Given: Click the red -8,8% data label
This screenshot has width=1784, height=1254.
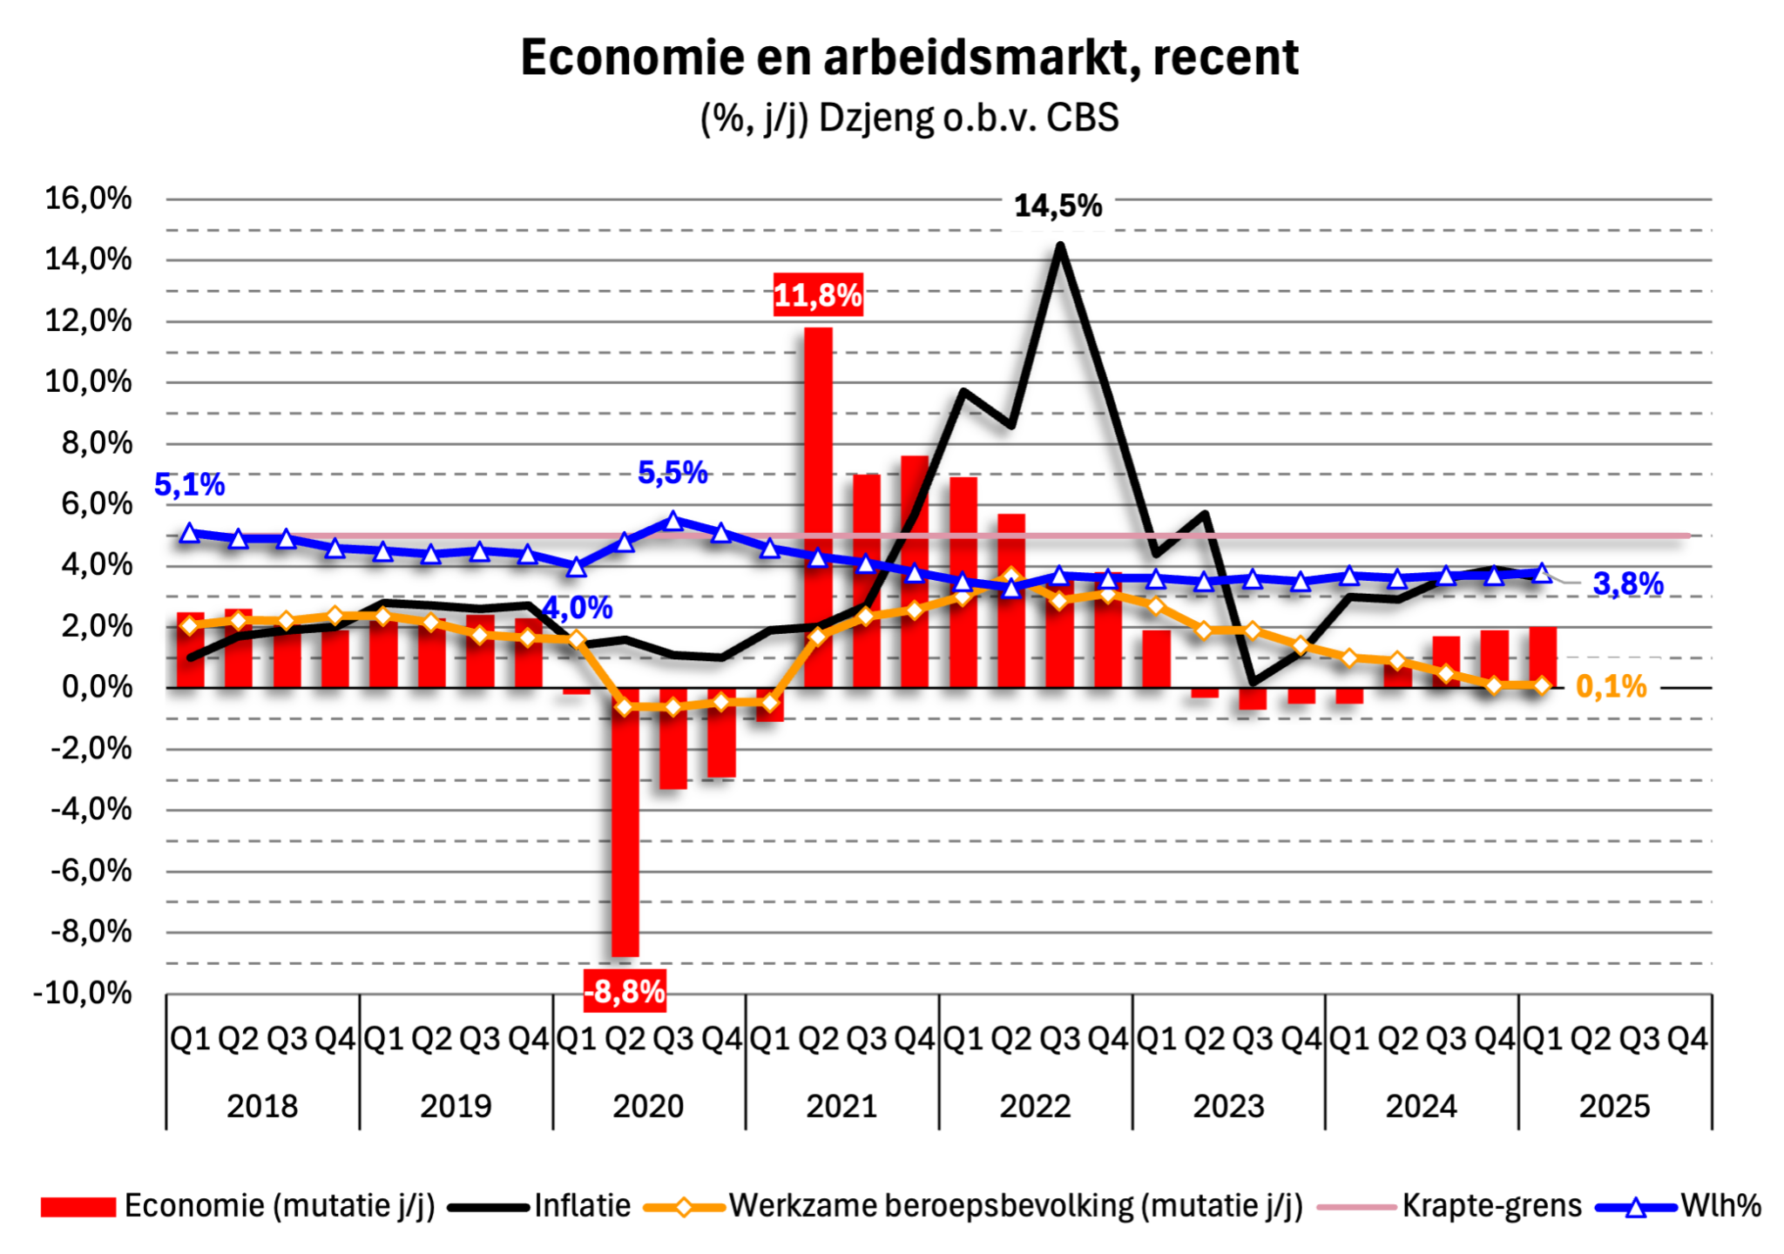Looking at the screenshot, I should pyautogui.click(x=625, y=991).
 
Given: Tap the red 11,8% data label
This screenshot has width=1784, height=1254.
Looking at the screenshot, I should pyautogui.click(x=818, y=295).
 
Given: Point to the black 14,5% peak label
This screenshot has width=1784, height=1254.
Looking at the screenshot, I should pyautogui.click(x=1058, y=206).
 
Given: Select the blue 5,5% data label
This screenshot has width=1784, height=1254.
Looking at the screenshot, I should pyautogui.click(x=672, y=473).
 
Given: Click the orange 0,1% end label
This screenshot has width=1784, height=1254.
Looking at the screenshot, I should pyautogui.click(x=1612, y=687).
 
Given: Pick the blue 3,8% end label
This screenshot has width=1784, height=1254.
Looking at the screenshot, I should pyautogui.click(x=1628, y=584).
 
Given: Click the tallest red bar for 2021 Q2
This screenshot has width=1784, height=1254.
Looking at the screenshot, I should pyautogui.click(x=818, y=505).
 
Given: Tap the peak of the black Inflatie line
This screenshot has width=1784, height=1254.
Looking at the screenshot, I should pyautogui.click(x=1059, y=246).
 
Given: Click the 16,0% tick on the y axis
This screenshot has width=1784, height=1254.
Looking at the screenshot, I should pyautogui.click(x=89, y=199).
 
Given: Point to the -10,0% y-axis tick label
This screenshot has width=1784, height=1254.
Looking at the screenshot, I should pyautogui.click(x=83, y=993).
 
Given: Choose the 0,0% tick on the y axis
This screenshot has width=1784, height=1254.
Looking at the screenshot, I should pyautogui.click(x=97, y=688).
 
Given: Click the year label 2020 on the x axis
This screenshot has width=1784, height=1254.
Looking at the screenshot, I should pyautogui.click(x=648, y=1106).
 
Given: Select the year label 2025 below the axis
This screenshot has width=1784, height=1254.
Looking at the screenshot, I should pyautogui.click(x=1614, y=1106).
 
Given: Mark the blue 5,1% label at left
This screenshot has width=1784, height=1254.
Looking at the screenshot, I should pyautogui.click(x=189, y=485).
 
